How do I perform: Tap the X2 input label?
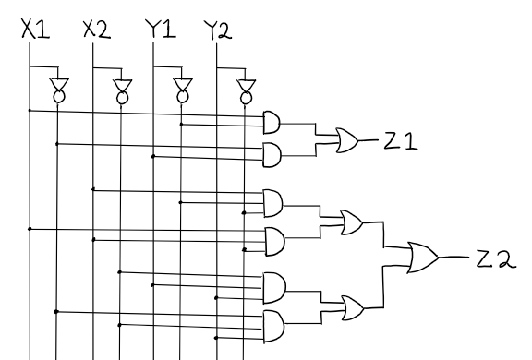tap(96, 30)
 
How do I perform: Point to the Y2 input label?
tap(216, 30)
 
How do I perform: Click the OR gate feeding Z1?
tap(349, 140)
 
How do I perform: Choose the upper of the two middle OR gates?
tap(351, 222)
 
